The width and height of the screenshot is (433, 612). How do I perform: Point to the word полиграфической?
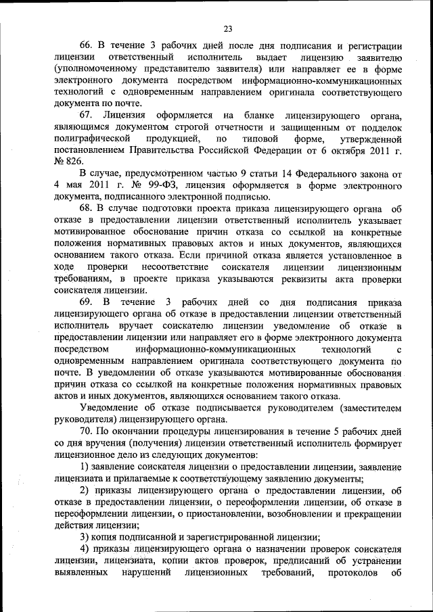tap(91, 138)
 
